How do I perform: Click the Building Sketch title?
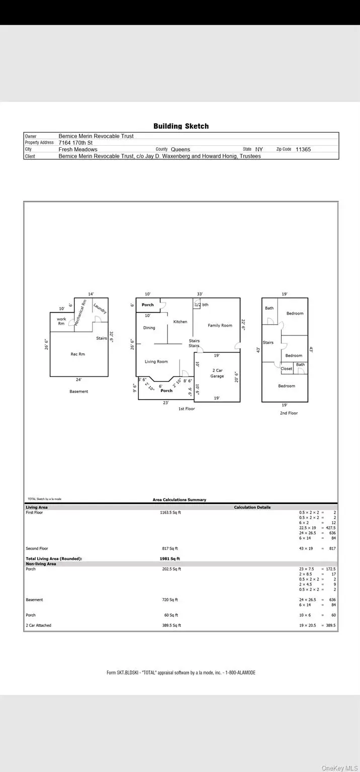point(181,126)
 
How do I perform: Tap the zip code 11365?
point(304,149)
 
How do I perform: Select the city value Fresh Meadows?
point(78,149)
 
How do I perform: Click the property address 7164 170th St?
point(75,143)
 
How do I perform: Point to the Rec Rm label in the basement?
point(78,354)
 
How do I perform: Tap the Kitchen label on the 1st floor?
point(181,322)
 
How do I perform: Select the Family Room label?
point(220,326)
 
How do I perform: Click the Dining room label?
point(149,328)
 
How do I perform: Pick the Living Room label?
point(156,362)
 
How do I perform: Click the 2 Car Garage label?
point(217,373)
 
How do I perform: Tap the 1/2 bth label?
point(202,305)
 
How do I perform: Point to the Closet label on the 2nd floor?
point(287,368)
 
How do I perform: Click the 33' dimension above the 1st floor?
point(200,294)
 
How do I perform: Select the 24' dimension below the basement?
point(78,380)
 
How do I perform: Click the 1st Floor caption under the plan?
point(187,409)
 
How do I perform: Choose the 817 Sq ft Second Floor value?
point(169,548)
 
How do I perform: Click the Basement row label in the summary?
point(34,600)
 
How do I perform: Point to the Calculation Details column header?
point(252,507)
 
